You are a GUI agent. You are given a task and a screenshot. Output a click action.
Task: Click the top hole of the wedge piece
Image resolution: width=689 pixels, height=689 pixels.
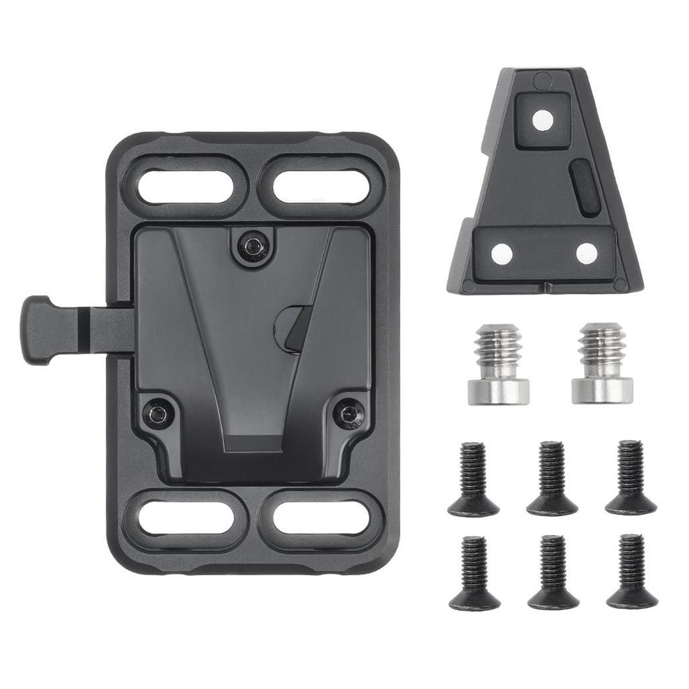click(x=542, y=120)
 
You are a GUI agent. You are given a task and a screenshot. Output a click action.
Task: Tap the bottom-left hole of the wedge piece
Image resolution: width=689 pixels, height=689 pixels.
click(x=501, y=253)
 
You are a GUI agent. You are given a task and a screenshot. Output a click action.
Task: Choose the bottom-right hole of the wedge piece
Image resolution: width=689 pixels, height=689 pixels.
click(x=587, y=253)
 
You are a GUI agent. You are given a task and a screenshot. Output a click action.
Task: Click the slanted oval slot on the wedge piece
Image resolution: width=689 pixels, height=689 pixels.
click(x=585, y=188)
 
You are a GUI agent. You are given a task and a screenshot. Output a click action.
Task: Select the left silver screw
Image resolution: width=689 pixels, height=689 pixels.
click(x=498, y=363)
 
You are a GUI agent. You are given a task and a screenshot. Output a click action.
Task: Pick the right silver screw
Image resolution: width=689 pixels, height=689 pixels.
click(x=602, y=363)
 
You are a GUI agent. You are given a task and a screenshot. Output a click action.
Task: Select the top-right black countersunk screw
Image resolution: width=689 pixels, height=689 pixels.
click(x=630, y=478)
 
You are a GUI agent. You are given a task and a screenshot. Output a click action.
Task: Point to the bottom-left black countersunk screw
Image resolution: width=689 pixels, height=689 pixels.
click(x=474, y=573)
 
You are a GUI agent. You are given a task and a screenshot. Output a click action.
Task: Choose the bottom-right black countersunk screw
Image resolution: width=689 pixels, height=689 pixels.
click(x=632, y=573)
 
